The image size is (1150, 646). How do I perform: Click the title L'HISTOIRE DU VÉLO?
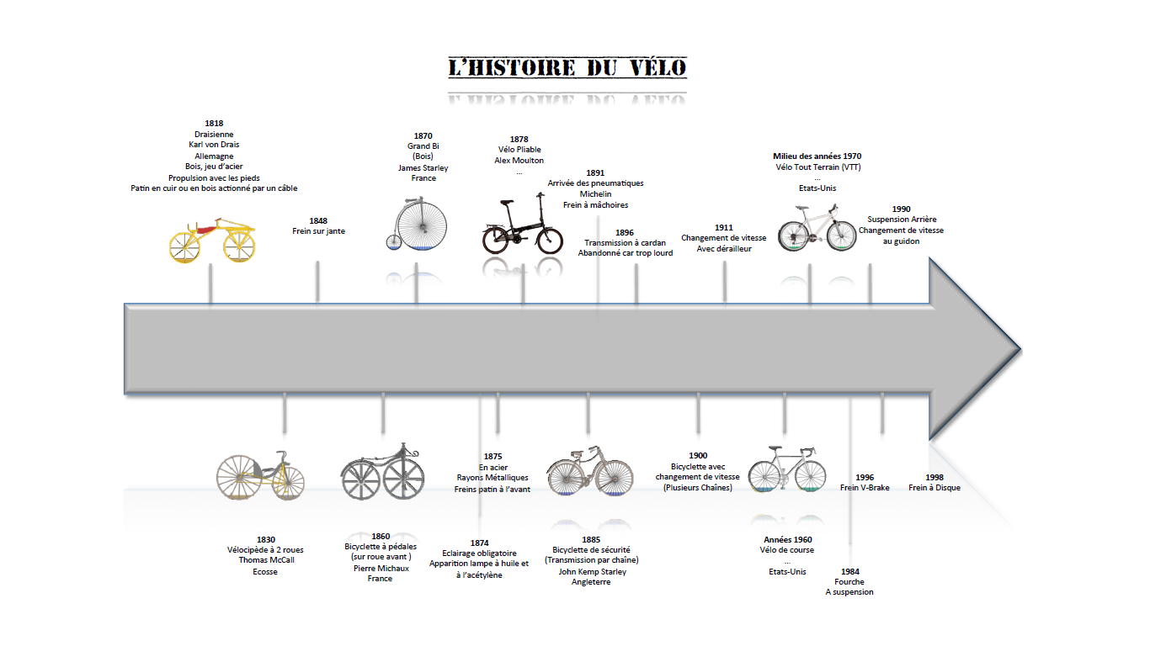567,68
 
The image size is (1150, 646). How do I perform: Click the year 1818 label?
214,123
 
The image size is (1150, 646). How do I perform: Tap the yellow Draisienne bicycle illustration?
212,240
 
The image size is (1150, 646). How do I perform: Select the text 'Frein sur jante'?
319,231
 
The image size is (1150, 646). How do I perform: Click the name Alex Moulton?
519,161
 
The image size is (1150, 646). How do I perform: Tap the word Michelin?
595,194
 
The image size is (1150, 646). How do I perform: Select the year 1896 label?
625,232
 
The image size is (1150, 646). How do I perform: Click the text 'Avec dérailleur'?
724,249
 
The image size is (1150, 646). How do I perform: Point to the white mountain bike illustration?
817,228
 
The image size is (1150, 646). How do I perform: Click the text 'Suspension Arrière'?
902,220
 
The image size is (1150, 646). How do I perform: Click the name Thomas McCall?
266,560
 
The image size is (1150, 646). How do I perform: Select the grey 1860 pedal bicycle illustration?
382,472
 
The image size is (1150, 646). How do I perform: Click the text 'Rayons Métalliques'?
492,478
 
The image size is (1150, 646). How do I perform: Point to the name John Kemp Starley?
593,572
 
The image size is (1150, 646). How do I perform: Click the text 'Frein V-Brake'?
865,488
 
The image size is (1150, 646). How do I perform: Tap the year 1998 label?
934,477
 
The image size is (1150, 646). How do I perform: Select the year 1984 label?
850,572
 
